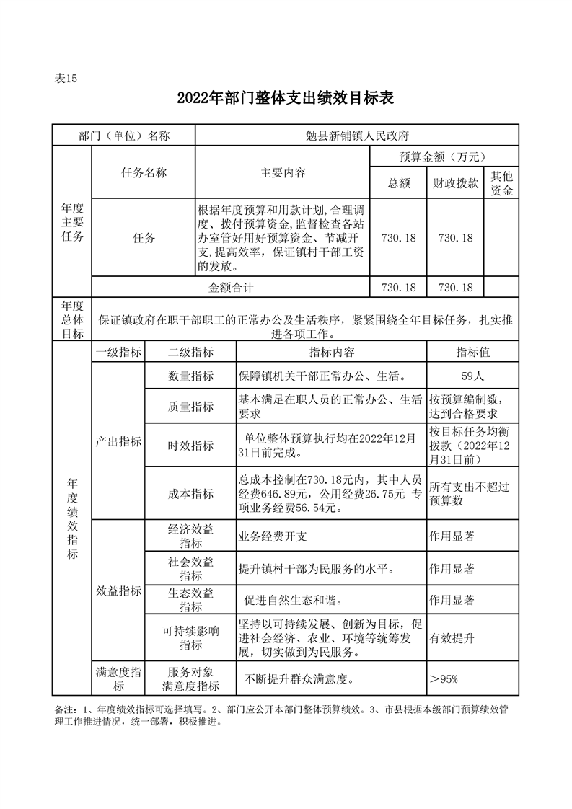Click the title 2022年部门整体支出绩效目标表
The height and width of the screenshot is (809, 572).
[286, 98]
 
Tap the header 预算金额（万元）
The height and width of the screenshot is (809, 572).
[440, 156]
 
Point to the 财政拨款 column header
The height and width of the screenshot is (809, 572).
[455, 183]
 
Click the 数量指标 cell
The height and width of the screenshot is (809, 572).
[190, 376]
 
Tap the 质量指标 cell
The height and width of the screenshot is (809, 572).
[190, 407]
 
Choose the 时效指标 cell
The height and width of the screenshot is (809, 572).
[190, 446]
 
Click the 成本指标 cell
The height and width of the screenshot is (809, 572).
[190, 493]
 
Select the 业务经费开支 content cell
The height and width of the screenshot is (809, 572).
[273, 537]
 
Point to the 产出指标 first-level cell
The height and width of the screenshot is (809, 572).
[118, 441]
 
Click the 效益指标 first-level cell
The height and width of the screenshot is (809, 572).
[118, 591]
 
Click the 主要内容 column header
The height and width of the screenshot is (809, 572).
[283, 173]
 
